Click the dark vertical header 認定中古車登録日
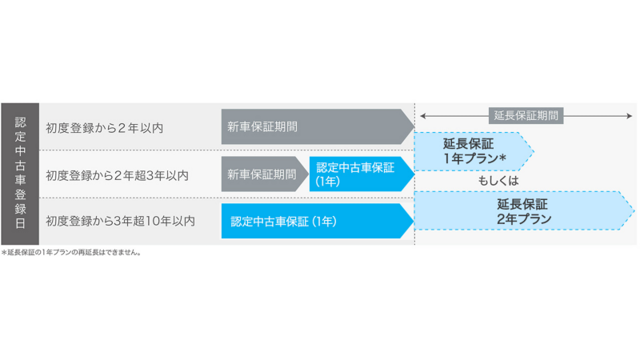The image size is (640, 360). pos(20,174)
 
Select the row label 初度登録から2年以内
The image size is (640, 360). pos(105,128)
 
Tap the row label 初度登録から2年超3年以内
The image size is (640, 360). pos(117,175)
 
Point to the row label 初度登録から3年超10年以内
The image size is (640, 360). pos(121,221)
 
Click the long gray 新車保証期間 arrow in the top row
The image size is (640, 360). pos(318,126)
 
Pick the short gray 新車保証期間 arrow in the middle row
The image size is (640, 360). pos(265,174)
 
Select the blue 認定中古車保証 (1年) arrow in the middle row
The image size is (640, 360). pos(362,174)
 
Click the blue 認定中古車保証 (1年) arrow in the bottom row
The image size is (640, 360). pos(318,221)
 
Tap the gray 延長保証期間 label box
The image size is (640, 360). pos(526,115)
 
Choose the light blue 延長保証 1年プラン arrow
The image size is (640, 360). pos(474,151)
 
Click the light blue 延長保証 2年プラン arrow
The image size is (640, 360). pos(525,210)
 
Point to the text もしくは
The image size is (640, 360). pos(498,181)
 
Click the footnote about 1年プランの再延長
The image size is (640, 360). pos(71,252)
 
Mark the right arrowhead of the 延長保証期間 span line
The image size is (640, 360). pos(630,116)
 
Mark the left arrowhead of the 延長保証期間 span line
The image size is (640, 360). pos(423,116)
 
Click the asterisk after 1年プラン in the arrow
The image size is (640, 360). pos(503,157)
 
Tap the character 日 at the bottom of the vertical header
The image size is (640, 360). pos(21,223)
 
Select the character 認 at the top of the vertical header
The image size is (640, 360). pos(21,122)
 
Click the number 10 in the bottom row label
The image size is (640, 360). pos(152,221)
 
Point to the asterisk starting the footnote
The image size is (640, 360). pos(4,253)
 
